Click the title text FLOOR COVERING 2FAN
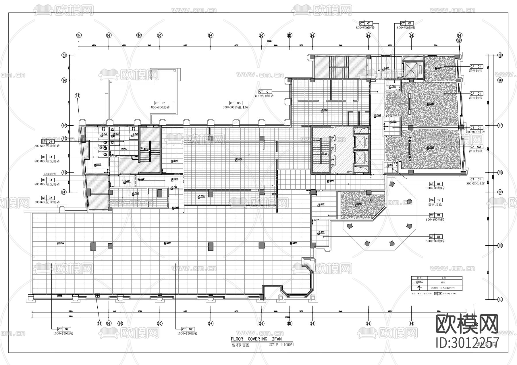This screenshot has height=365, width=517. coord(256,339)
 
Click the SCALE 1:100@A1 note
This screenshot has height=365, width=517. coord(281,345)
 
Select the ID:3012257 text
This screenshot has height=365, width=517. coord(467,343)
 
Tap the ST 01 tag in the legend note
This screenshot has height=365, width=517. coord(438,294)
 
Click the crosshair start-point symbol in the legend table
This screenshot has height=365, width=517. coord(419,288)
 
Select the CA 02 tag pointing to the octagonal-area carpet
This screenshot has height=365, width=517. coord(435,200)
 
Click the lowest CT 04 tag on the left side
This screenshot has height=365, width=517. coord(48,180)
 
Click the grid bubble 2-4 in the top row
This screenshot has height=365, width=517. coord(211,35)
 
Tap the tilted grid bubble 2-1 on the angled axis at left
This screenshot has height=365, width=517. coord(77,96)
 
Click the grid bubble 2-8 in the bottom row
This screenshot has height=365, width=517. coord(411,323)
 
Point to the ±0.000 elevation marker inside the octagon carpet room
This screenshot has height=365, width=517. coord(358,204)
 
